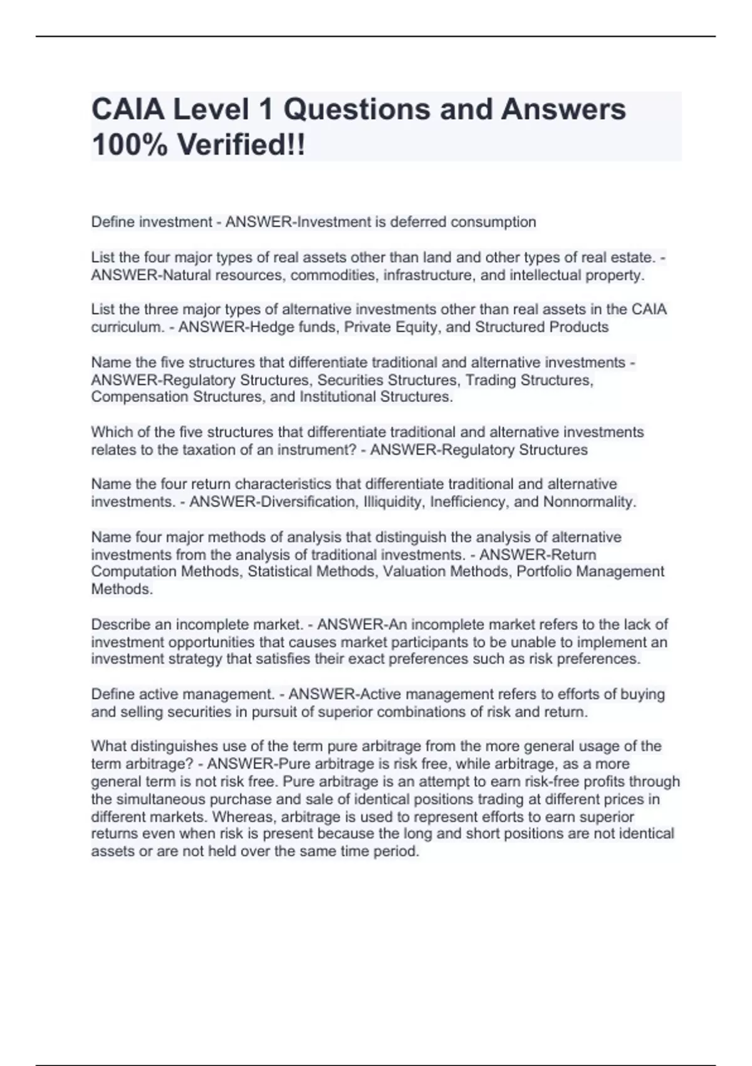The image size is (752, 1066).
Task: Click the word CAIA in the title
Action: pyautogui.click(x=127, y=110)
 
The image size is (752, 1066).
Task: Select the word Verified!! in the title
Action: pyautogui.click(x=242, y=145)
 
